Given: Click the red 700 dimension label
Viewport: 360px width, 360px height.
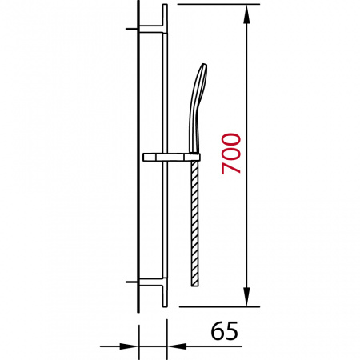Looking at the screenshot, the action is click(231, 154).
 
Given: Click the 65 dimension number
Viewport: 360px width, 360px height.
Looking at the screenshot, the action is click(224, 330).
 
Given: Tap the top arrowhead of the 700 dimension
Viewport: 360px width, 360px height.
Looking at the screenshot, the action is click(247, 14).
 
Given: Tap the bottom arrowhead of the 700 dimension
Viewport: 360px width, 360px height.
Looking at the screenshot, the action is click(247, 297).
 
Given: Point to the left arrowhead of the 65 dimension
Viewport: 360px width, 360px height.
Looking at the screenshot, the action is click(129, 346).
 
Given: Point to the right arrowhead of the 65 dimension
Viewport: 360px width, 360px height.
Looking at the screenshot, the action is click(177, 346).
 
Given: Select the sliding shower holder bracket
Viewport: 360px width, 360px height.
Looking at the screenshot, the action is click(171, 158).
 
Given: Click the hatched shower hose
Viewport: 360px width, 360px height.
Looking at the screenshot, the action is click(195, 224).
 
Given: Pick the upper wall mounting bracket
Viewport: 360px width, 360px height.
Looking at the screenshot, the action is click(150, 30).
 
